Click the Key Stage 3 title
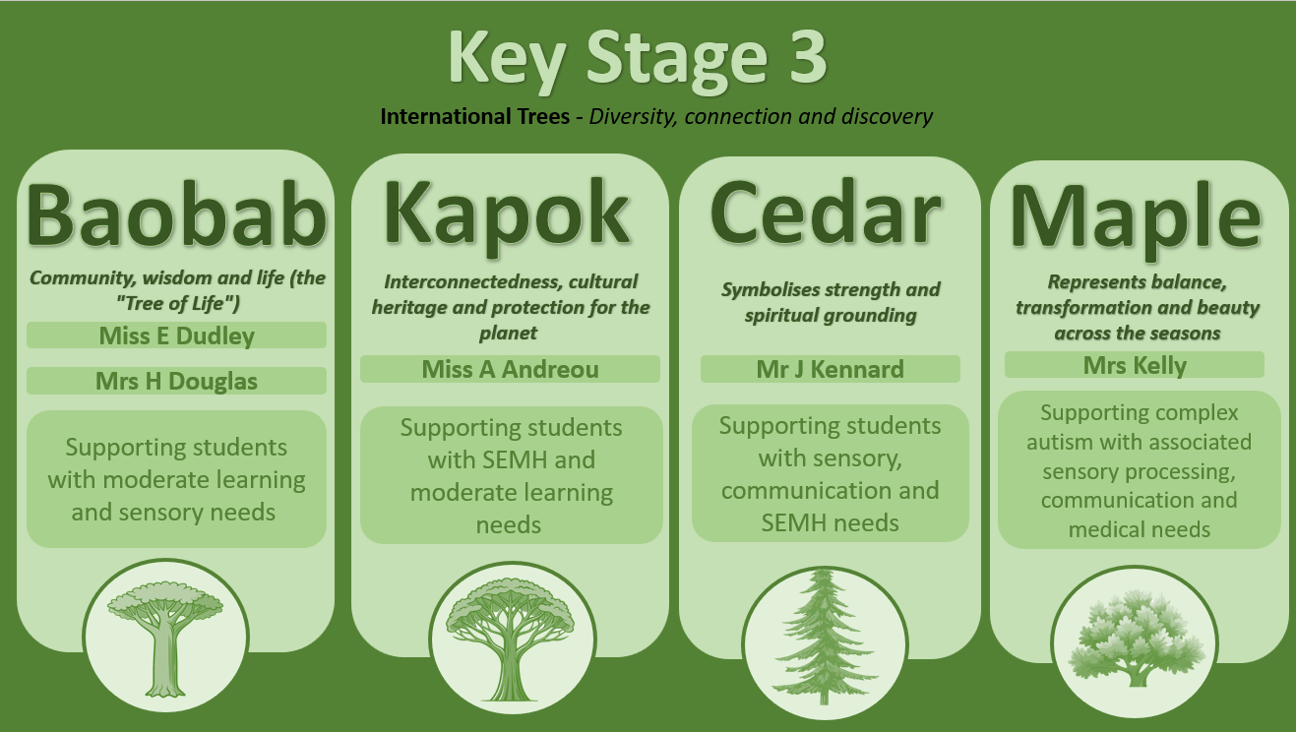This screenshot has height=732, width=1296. click(638, 59)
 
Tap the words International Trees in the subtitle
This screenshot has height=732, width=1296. click(474, 117)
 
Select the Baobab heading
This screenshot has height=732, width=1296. click(176, 215)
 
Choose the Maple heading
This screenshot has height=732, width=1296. click(1136, 218)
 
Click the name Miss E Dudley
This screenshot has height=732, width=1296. click(176, 336)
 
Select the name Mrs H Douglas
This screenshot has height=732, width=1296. click(176, 382)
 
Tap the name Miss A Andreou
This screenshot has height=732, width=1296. click(510, 369)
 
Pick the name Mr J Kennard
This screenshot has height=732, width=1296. click(830, 369)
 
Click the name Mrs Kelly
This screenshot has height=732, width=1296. click(1135, 366)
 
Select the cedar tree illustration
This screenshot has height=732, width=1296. click(825, 637)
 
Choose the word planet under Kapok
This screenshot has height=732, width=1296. click(508, 334)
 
